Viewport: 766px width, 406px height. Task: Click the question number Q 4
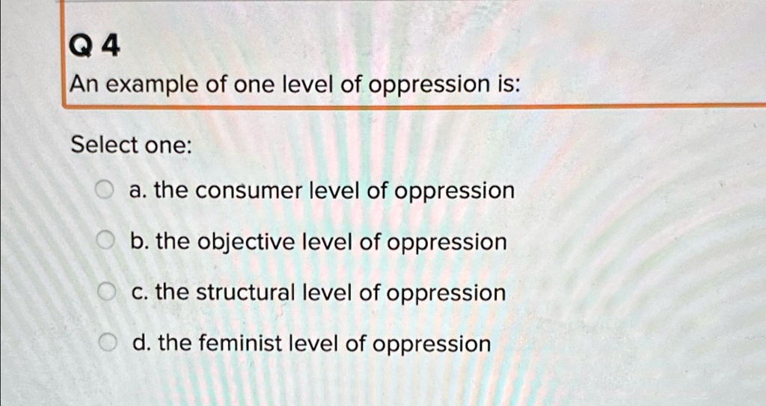coord(93,49)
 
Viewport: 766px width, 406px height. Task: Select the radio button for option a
coord(106,191)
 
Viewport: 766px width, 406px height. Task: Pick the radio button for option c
coord(107,292)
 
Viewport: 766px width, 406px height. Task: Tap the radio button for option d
coord(108,344)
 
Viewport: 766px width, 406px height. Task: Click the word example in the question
coord(150,87)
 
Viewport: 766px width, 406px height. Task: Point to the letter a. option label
coord(136,191)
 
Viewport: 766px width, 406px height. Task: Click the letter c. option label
coord(138,293)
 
